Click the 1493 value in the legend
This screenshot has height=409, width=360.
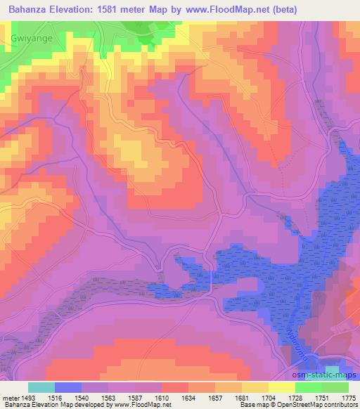click(28, 398)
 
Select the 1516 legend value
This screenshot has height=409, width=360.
click(55, 398)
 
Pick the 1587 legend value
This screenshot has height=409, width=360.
click(135, 398)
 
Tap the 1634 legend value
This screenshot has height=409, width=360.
click(188, 398)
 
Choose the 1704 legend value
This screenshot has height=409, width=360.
click(269, 398)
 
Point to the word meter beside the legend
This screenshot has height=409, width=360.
click(10, 398)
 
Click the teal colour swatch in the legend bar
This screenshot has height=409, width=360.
click(41, 387)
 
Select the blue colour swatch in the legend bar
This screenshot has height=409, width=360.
click(68, 387)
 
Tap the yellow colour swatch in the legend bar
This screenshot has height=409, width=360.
click(282, 387)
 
